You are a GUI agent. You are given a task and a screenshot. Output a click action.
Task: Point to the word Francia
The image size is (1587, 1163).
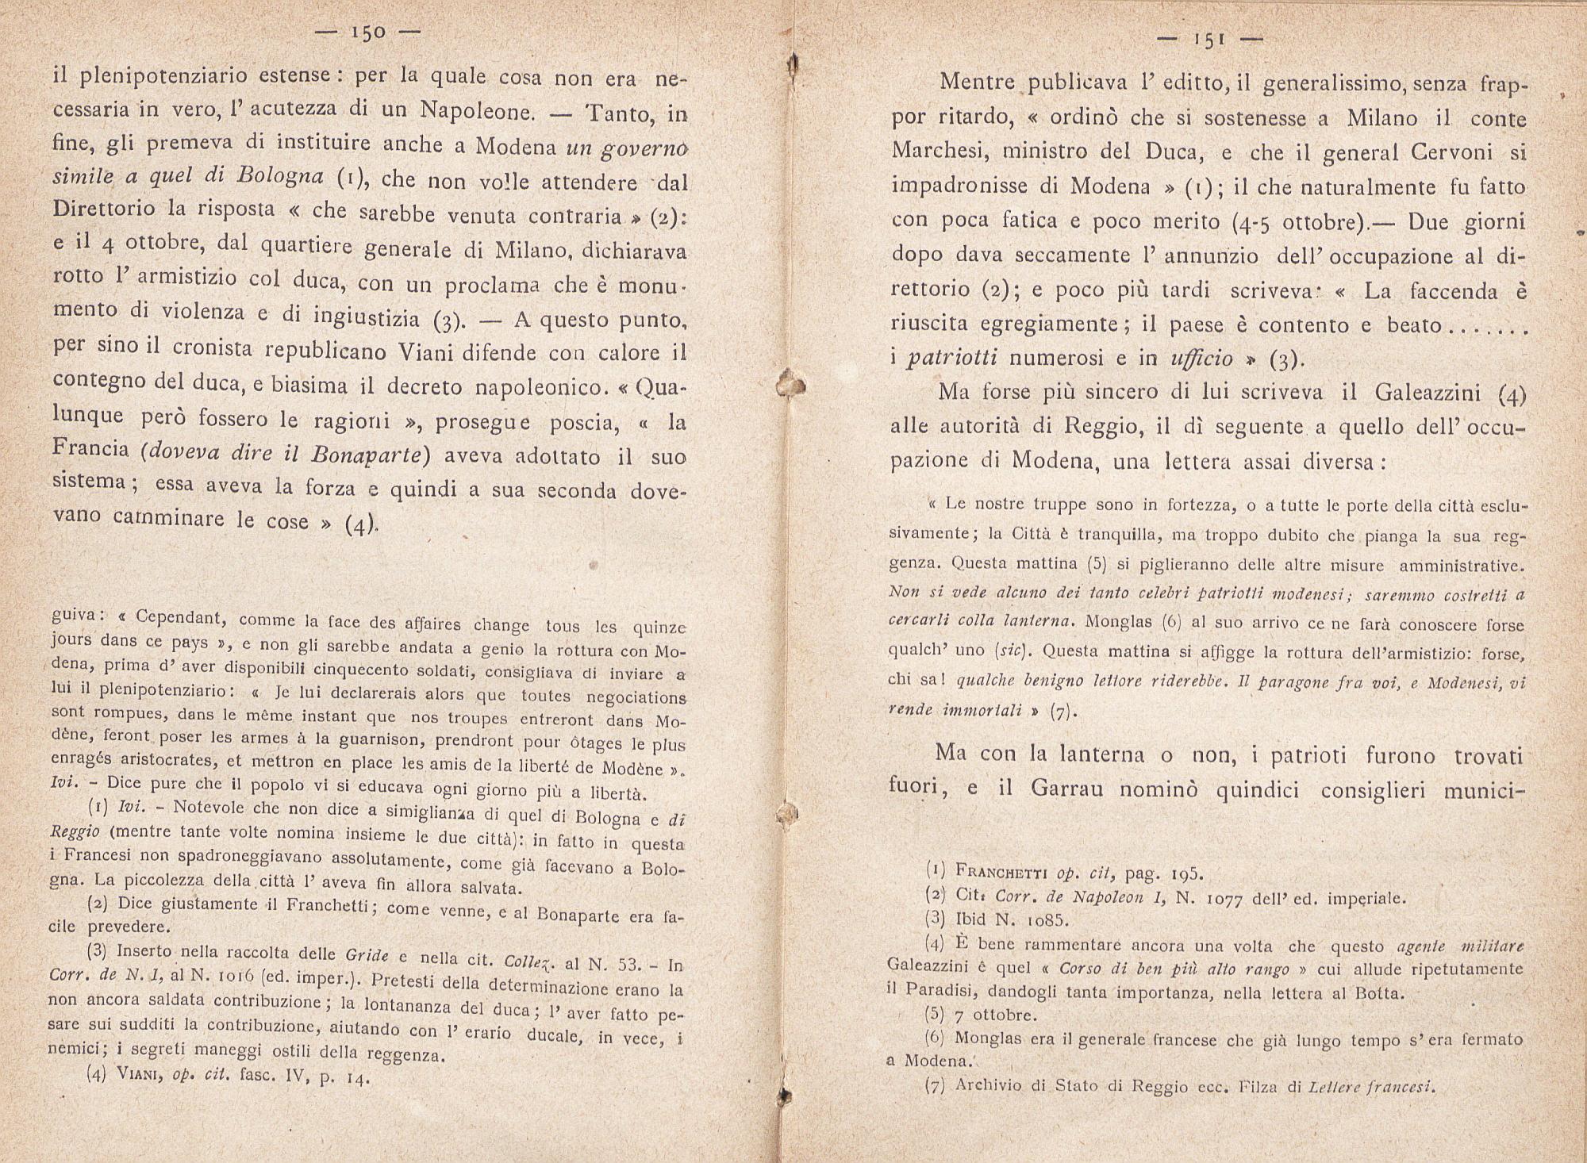[x=91, y=448]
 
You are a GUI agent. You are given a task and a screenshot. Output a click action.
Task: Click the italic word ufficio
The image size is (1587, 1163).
[x=1201, y=359]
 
